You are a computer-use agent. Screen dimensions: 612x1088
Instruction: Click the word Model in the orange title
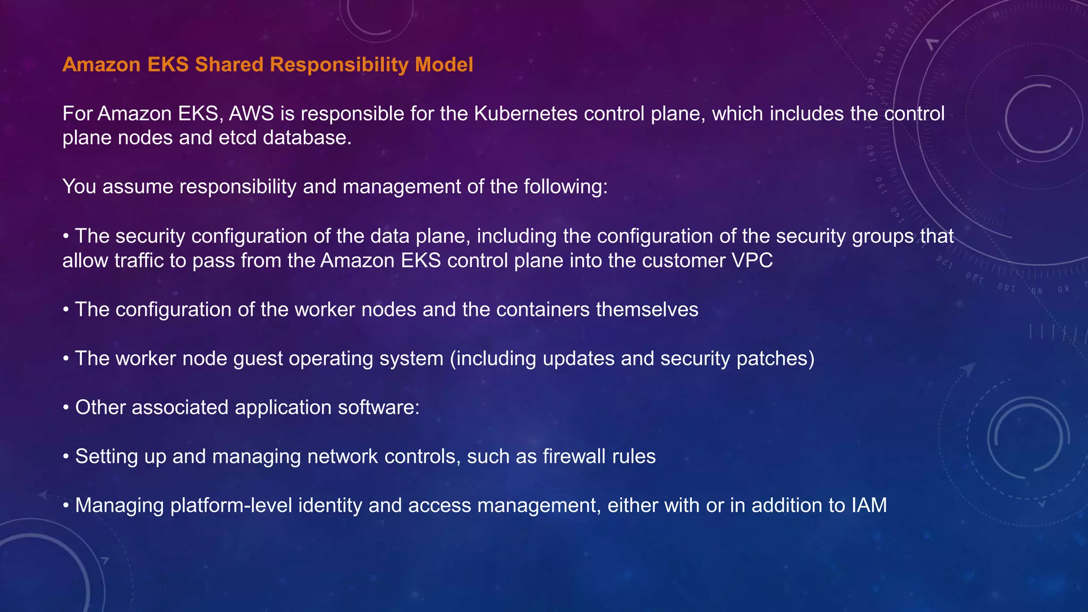point(444,65)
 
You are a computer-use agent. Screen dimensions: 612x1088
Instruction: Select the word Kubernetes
point(525,114)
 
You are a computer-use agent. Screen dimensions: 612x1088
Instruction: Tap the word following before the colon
point(565,187)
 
